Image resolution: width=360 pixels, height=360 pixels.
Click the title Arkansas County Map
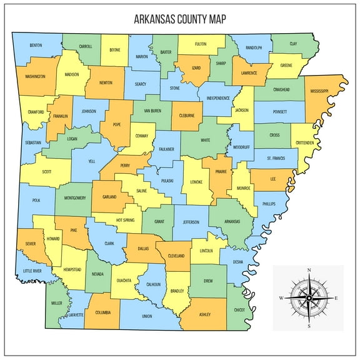click(180, 19)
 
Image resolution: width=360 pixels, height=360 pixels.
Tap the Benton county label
click(36, 45)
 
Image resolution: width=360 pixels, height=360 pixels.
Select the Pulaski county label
click(167, 181)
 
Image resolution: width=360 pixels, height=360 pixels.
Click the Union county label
click(147, 316)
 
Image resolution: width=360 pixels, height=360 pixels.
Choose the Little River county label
click(32, 271)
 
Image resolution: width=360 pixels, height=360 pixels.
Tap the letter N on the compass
click(309, 270)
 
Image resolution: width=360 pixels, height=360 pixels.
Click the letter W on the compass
click(281, 298)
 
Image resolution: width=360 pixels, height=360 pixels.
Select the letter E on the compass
click(336, 298)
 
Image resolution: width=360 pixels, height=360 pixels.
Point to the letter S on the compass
click(309, 326)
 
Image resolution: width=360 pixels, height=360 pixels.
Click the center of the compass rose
click(309, 297)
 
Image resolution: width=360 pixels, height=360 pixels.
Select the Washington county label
click(35, 77)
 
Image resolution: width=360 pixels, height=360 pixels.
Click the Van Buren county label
click(152, 111)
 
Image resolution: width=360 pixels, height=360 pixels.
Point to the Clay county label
click(293, 44)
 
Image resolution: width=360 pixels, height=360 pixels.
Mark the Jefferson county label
click(191, 222)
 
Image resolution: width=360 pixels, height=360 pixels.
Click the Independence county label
click(217, 98)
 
